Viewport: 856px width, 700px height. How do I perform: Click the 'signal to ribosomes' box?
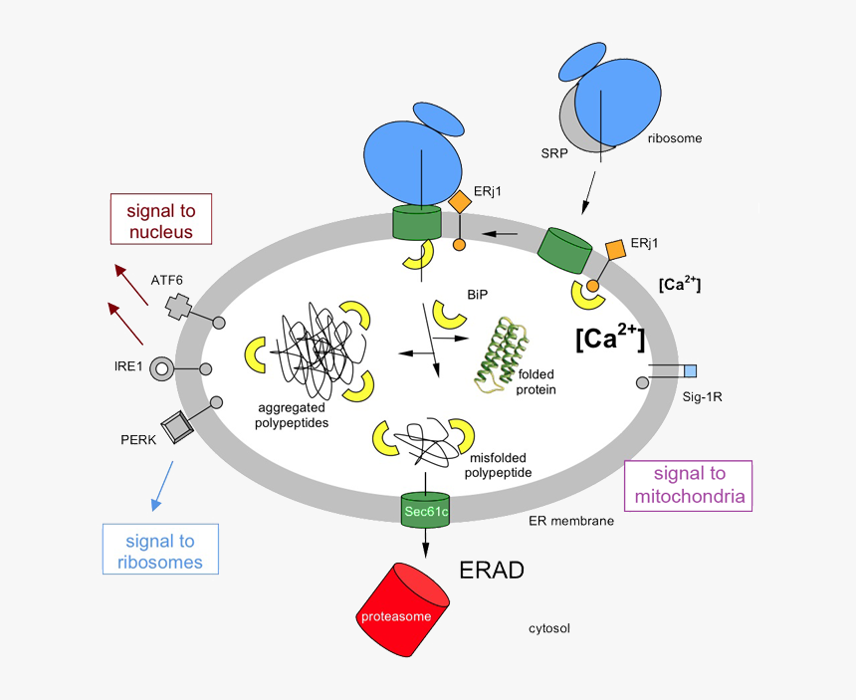tap(159, 552)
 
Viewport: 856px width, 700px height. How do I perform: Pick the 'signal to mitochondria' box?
tap(688, 486)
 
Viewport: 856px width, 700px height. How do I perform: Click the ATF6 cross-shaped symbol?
tap(179, 307)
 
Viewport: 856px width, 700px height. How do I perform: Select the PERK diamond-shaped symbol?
tap(178, 427)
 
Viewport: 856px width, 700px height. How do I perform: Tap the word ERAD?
tap(491, 571)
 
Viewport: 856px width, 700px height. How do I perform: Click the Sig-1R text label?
tap(702, 397)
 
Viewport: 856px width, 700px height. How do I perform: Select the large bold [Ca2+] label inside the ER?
tap(610, 339)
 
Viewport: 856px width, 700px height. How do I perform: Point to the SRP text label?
tap(555, 154)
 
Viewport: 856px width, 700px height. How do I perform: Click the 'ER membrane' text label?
tap(570, 521)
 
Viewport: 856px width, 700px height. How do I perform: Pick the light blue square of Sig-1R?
tap(690, 371)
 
